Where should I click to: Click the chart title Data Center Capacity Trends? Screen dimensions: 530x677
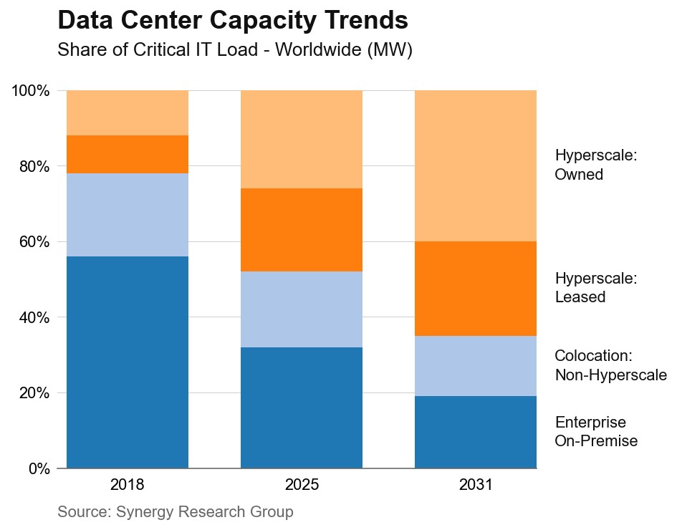point(233,20)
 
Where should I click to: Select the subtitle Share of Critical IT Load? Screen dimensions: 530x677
point(234,51)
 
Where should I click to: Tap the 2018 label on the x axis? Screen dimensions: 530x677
point(128,485)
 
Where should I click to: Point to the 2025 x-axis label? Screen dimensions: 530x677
point(302,485)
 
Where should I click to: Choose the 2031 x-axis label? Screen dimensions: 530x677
point(476,485)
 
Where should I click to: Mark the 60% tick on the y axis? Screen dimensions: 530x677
point(33,242)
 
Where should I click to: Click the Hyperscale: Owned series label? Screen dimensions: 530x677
point(595,165)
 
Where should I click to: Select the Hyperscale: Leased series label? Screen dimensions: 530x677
point(595,287)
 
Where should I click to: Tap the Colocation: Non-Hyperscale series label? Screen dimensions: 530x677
point(610,365)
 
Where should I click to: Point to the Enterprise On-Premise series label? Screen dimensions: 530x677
point(595,431)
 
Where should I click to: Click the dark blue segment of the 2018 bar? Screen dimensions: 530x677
point(128,362)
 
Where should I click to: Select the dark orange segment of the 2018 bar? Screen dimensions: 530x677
point(128,154)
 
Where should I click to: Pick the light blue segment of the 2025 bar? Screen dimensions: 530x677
point(302,309)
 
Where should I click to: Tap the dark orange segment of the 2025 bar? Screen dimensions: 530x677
point(302,230)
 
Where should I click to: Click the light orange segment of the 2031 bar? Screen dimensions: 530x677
point(476,166)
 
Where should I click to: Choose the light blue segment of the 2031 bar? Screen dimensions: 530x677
point(476,366)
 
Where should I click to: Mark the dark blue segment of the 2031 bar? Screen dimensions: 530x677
point(476,432)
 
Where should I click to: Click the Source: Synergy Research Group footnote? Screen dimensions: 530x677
point(176,512)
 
